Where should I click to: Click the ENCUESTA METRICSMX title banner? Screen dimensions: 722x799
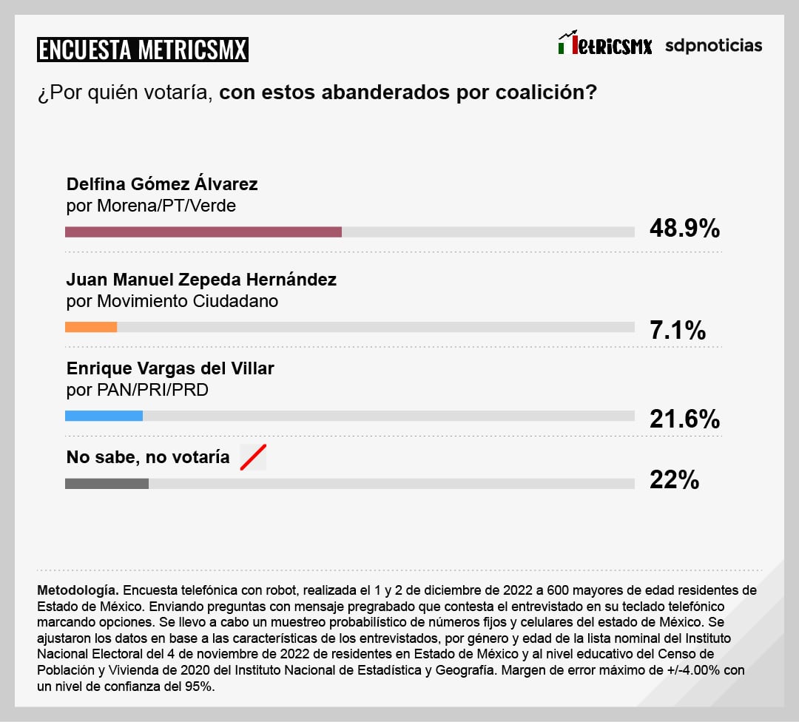coord(142,50)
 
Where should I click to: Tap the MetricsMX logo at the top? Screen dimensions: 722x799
coord(604,44)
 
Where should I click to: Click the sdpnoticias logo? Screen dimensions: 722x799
coord(713,45)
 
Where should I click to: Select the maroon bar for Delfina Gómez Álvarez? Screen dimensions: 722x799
coord(203,232)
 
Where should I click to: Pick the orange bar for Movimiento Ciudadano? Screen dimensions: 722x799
coord(91,327)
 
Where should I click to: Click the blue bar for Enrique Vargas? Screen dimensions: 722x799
coord(104,416)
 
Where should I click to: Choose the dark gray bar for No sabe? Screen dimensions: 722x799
coord(107,484)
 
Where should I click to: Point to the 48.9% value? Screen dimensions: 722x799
coord(684,229)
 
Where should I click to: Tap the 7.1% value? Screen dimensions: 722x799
coord(677,330)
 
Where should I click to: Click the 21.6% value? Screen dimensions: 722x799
coord(684,419)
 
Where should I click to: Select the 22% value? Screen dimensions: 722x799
coord(674,480)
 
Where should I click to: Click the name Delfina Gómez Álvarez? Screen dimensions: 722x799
coord(162,184)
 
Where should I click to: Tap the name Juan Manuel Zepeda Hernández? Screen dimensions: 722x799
coord(201,280)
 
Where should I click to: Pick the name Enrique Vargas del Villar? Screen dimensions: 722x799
coord(170,368)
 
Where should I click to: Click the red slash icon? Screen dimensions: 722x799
coord(252,458)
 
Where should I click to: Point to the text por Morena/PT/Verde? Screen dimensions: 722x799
coord(151,206)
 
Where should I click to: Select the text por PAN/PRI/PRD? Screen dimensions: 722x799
coord(138,389)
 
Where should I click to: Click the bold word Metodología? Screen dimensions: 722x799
coord(77,590)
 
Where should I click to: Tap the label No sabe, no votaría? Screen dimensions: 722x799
coord(148,457)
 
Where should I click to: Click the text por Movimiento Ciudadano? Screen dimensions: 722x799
coord(172,301)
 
